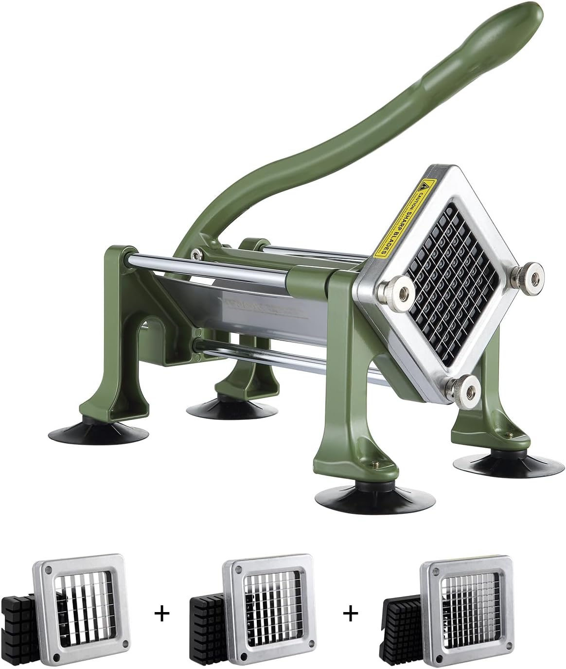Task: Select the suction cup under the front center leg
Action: [x=355, y=496]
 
